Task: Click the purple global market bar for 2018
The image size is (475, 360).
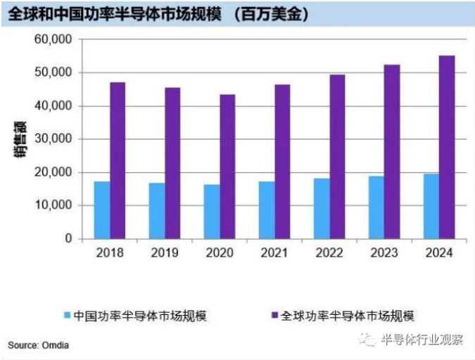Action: pos(118,160)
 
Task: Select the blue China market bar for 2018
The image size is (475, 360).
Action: pos(102,210)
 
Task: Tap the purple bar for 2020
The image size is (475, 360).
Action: pos(227,167)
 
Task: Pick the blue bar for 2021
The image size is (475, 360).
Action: pos(267,210)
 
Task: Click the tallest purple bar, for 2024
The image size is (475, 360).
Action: pos(447,147)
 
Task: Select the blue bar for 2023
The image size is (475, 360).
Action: pos(376,207)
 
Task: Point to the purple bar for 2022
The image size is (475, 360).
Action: pos(337,157)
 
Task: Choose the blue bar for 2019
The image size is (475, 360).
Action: pos(157,211)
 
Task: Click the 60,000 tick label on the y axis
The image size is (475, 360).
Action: pos(53,39)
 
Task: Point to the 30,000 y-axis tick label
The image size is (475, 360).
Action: pos(53,139)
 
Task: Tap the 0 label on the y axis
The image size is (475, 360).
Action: pos(68,239)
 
